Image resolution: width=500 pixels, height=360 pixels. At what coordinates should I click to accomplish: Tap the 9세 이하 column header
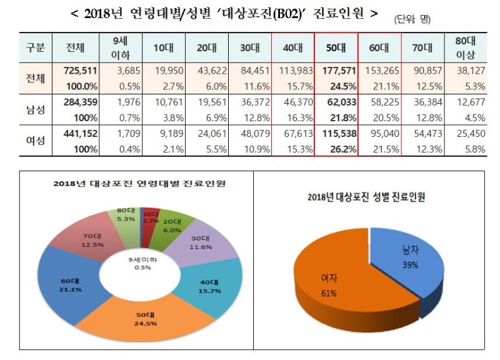click(121, 47)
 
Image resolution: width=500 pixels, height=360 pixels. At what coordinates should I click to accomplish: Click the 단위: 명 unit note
click(412, 20)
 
